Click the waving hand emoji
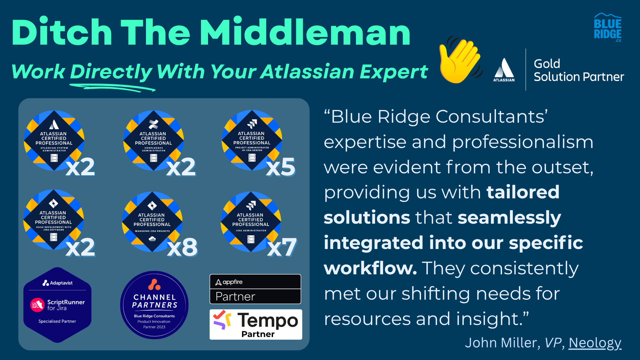point(461,60)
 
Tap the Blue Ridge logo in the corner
point(608,28)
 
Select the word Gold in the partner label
point(547,64)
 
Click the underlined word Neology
point(595,343)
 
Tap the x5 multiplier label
point(281,167)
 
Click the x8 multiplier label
point(182,247)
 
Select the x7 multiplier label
point(282,247)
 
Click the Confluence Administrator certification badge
point(153,140)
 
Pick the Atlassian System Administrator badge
point(54,140)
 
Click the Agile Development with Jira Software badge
point(53,219)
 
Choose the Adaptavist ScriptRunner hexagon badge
point(57,305)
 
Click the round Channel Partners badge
point(154,305)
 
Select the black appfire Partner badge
point(255,289)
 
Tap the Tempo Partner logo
point(256,324)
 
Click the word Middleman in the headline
point(305,32)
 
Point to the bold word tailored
point(523,192)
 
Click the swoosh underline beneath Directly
point(112,87)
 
